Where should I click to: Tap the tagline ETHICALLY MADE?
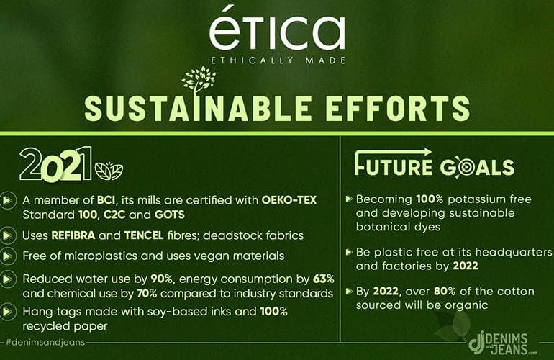point(278,60)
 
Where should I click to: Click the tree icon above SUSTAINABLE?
point(199,80)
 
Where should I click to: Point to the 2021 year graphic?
point(56,164)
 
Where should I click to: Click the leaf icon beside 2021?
point(109,171)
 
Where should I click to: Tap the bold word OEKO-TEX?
point(289,200)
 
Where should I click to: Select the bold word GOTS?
point(170,215)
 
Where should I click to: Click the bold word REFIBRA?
point(73,235)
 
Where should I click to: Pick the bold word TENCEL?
point(144,235)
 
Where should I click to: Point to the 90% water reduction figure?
point(161,279)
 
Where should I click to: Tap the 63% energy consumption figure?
point(323,279)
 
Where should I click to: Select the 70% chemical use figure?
point(147,294)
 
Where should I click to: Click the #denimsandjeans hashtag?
point(45,342)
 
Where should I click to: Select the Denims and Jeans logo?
point(502,343)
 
